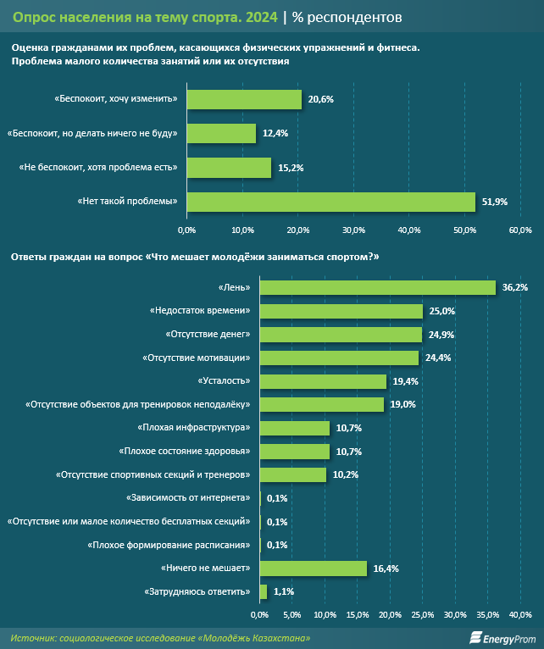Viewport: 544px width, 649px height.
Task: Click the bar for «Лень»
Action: [377, 288]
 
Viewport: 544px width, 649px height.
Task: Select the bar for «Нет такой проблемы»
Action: [330, 201]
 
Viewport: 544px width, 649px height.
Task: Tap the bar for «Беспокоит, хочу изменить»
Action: [244, 99]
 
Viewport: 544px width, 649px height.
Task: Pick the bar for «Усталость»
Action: [323, 381]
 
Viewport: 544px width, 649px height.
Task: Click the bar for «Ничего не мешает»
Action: [314, 568]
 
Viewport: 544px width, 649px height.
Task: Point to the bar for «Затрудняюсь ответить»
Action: [264, 591]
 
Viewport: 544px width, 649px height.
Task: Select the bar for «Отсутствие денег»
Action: [341, 335]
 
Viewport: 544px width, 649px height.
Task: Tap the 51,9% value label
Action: [494, 202]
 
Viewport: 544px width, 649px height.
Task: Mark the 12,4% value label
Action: [275, 134]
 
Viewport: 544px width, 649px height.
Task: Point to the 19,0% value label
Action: [403, 405]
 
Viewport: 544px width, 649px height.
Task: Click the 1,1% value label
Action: [283, 591]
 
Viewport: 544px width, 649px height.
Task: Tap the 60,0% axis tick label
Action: [519, 230]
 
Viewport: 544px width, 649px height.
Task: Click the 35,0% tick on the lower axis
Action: [487, 614]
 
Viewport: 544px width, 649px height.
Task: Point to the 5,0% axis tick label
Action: [292, 614]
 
